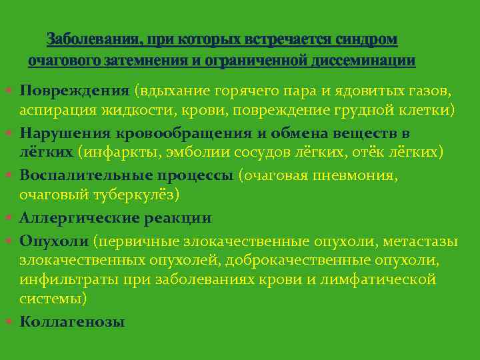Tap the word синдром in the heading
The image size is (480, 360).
(x=365, y=40)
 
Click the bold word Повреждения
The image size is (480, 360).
(x=75, y=90)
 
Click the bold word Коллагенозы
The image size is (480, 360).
(x=73, y=321)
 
